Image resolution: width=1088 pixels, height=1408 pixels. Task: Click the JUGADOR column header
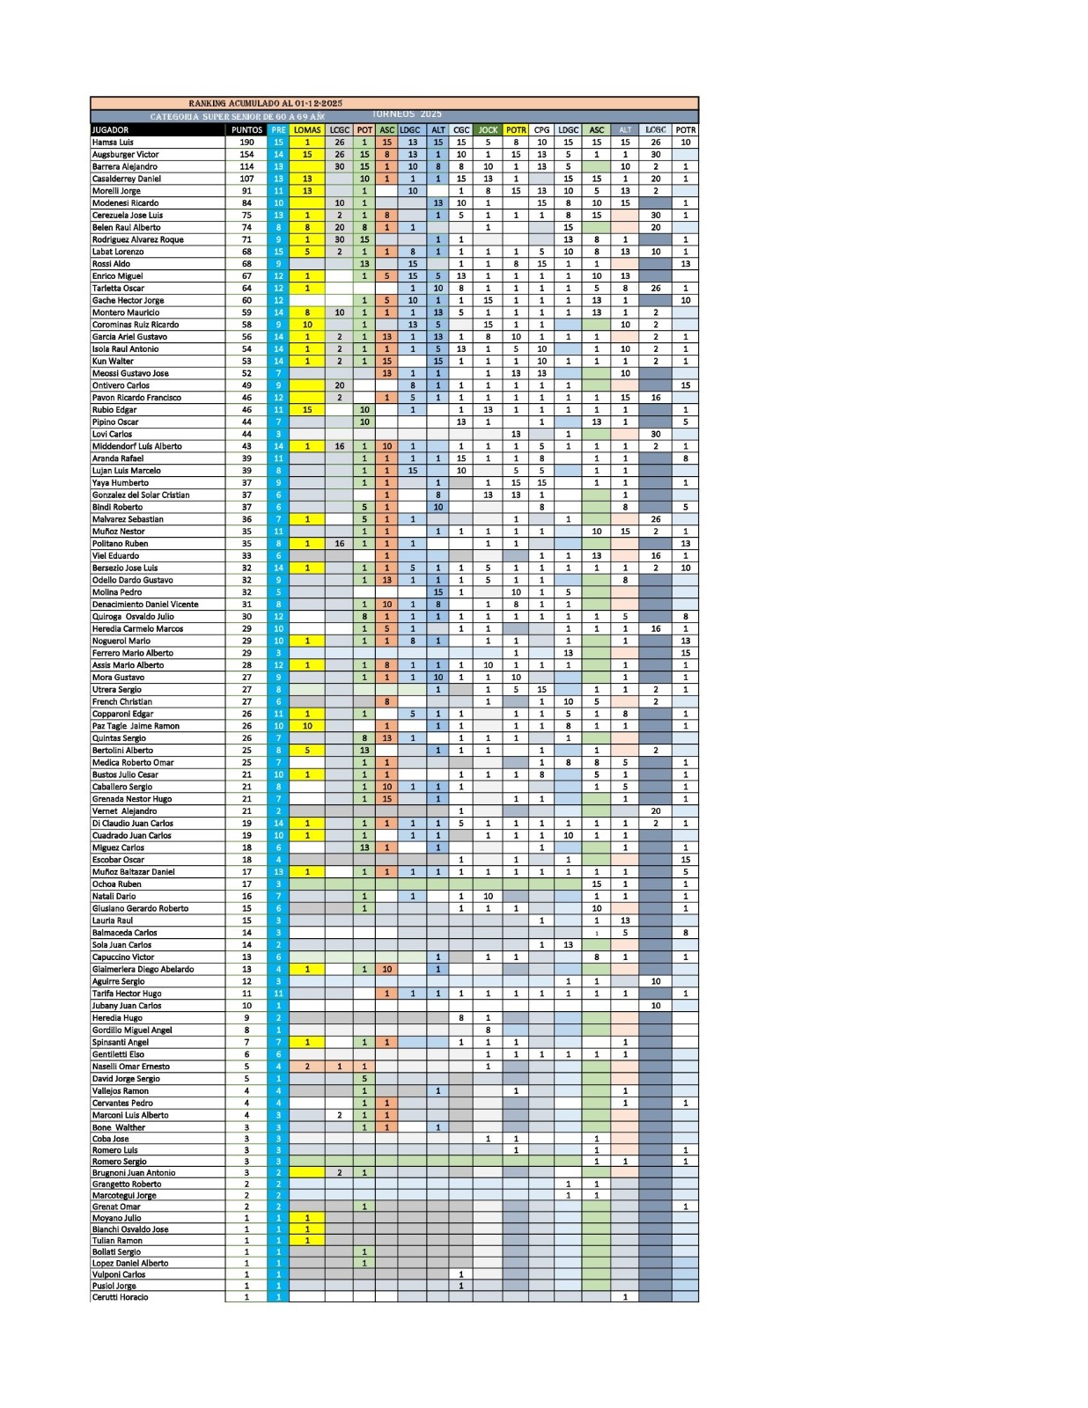point(111,130)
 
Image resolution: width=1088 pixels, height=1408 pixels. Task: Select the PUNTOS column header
point(246,130)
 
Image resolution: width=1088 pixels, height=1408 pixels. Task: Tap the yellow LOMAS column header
point(307,130)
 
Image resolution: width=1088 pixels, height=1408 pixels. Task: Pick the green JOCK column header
point(488,130)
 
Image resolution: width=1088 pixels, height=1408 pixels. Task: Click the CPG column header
point(541,130)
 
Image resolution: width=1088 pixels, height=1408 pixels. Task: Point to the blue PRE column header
point(278,130)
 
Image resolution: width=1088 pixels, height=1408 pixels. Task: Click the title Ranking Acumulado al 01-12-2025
point(266,104)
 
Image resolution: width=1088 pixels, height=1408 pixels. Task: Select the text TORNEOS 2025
point(407,114)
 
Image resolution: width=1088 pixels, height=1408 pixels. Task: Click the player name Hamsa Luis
point(114,143)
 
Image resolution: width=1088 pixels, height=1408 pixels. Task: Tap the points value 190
point(246,143)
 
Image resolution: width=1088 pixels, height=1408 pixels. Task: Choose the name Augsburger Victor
point(126,155)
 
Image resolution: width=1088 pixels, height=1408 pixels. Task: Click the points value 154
point(246,155)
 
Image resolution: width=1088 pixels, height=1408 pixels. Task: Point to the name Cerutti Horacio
point(121,1297)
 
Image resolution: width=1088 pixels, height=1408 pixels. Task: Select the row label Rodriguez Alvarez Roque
point(138,239)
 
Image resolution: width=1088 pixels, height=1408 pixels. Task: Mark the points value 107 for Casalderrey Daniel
point(246,179)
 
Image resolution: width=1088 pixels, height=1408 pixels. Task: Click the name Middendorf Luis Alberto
point(137,446)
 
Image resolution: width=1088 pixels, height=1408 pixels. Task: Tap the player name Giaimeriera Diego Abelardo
point(143,969)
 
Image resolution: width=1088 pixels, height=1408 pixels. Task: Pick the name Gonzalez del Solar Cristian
point(141,495)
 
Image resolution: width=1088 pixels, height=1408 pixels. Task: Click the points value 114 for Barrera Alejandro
point(246,166)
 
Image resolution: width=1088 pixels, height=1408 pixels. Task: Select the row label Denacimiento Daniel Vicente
point(145,605)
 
